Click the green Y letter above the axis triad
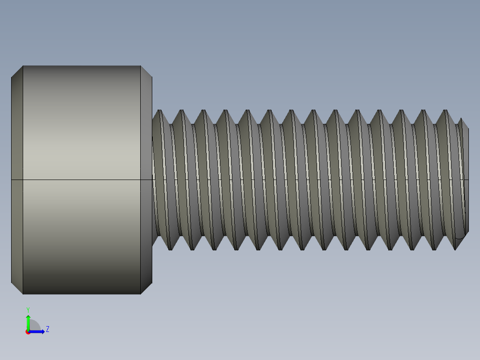(28, 309)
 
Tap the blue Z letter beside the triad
(47, 329)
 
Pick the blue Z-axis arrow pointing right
(38, 331)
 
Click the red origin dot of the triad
(28, 332)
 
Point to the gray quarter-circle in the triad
(34, 326)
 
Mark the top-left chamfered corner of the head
(17, 71)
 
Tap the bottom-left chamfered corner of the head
(17, 288)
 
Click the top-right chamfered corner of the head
(146, 71)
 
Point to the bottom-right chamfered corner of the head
(146, 288)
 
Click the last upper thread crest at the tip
(446, 110)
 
